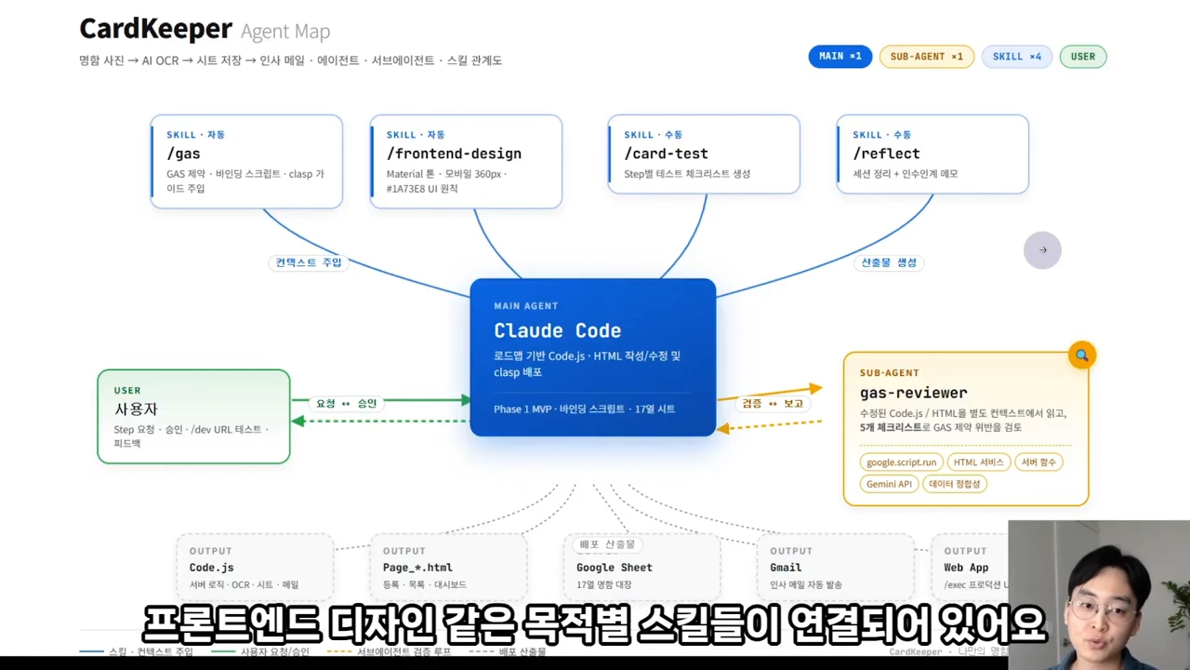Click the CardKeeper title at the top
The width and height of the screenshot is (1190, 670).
click(x=155, y=29)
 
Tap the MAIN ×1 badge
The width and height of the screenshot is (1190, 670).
click(x=840, y=57)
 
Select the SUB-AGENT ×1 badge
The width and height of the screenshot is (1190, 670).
click(x=926, y=57)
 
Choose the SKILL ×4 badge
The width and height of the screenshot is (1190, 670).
click(x=1016, y=57)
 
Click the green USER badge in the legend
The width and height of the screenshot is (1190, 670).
click(x=1082, y=57)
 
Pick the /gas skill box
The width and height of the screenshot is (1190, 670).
click(x=246, y=161)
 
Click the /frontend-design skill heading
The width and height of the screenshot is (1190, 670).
click(x=454, y=154)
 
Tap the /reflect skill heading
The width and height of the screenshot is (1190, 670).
click(x=886, y=154)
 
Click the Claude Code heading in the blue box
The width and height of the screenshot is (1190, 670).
click(x=557, y=330)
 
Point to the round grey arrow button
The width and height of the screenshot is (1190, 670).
click(x=1042, y=250)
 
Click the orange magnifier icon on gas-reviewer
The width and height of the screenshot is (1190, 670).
click(x=1081, y=355)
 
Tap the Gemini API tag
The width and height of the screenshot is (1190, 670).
click(x=889, y=484)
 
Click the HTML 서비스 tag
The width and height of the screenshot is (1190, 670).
click(x=978, y=462)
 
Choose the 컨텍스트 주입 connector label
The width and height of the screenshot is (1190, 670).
click(x=309, y=262)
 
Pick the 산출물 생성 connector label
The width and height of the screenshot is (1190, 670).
click(x=889, y=262)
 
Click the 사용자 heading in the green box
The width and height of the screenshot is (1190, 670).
click(x=136, y=409)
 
